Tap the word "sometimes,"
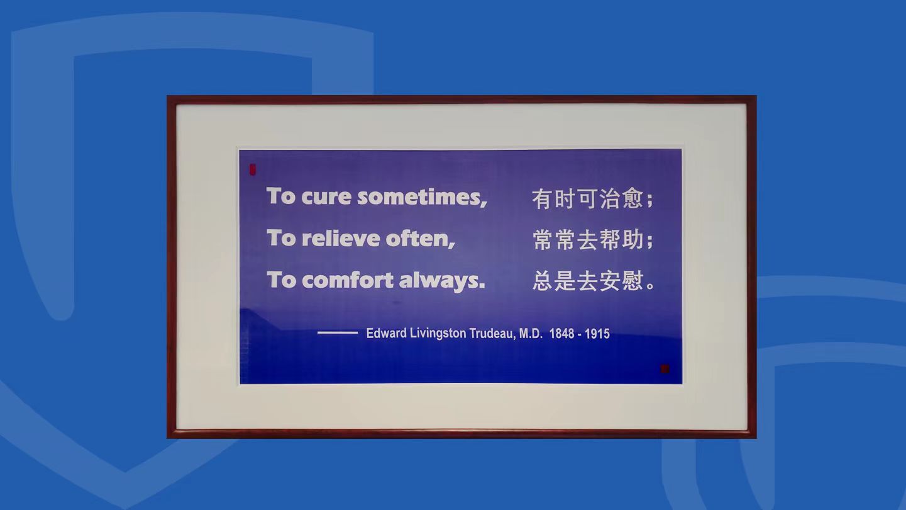(423, 197)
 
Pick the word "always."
(442, 281)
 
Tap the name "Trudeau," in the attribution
(492, 333)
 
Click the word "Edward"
(386, 333)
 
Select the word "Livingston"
(438, 334)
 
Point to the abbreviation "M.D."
(531, 333)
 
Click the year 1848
(562, 334)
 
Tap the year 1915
(597, 334)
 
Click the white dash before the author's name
(338, 333)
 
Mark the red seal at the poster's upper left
(253, 169)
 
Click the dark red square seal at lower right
(665, 368)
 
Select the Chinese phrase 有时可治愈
(587, 198)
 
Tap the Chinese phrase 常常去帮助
(588, 240)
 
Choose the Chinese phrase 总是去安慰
(588, 281)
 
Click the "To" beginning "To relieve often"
(282, 238)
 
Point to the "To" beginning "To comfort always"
(282, 280)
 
